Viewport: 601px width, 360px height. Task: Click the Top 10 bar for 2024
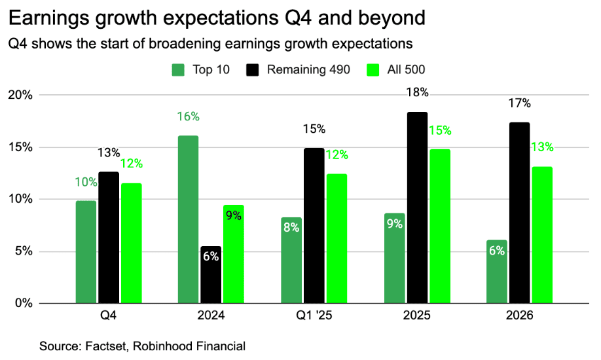click(x=188, y=219)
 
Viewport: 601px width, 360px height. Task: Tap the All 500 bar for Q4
click(x=131, y=243)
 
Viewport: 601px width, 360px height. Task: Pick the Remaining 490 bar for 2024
click(x=211, y=275)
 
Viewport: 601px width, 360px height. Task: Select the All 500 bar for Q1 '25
click(x=337, y=238)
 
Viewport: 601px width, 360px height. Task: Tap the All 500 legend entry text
click(x=409, y=70)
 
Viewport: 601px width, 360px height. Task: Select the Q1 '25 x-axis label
click(x=314, y=315)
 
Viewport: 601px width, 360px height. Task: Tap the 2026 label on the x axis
click(x=520, y=315)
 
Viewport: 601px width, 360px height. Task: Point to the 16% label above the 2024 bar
click(x=188, y=117)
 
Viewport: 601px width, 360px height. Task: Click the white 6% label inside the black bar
click(x=211, y=257)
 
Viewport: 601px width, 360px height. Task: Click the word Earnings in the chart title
click(x=47, y=18)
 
